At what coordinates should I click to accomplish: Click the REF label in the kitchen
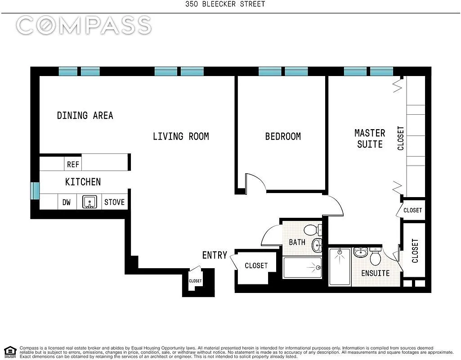click(x=73, y=164)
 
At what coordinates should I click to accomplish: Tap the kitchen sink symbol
click(x=90, y=202)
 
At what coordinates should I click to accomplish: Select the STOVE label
click(x=115, y=202)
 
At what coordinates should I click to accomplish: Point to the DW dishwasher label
click(x=67, y=202)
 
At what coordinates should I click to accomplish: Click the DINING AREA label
click(x=85, y=116)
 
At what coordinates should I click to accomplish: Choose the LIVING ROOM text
click(x=181, y=136)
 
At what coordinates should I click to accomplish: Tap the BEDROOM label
click(x=283, y=136)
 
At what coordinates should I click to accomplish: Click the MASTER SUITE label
click(x=370, y=139)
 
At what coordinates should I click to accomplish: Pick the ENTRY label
click(x=215, y=255)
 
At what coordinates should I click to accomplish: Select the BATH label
click(x=297, y=242)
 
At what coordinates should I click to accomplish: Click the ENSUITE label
click(x=376, y=273)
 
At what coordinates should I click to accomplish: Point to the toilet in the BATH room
click(x=311, y=230)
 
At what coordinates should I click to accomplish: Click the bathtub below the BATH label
click(x=303, y=268)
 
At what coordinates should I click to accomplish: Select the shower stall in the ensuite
click(x=340, y=266)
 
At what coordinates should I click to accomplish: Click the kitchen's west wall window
click(x=35, y=191)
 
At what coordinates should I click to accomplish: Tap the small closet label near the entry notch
click(x=195, y=281)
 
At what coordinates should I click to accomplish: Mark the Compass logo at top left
click(x=84, y=25)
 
